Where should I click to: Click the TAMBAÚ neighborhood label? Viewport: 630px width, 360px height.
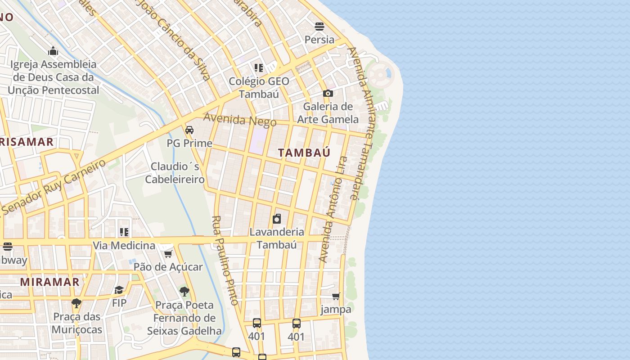pos(304,153)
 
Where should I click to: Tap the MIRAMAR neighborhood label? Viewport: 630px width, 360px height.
pos(50,282)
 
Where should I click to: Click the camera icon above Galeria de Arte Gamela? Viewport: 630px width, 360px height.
pos(328,93)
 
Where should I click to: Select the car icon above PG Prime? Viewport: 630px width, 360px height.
pos(189,130)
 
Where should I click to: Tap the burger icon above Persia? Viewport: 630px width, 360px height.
pos(319,27)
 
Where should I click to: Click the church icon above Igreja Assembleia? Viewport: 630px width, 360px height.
pos(53,51)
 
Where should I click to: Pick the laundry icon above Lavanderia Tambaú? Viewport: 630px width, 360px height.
pos(277,219)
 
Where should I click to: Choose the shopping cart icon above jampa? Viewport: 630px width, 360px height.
pos(336,296)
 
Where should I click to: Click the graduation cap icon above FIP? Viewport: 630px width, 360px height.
pos(119,290)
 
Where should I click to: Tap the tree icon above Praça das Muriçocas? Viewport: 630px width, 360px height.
pos(76,303)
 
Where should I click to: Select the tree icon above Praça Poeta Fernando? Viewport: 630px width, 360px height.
pos(184,292)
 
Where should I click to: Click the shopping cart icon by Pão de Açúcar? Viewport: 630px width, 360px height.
pos(168,254)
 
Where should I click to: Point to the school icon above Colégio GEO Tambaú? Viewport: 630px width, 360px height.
pos(259,68)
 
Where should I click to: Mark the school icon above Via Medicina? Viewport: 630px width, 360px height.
pos(124,232)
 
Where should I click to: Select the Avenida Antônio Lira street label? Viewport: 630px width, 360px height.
pos(333,209)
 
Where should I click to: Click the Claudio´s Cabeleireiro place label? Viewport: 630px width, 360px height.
pos(175,173)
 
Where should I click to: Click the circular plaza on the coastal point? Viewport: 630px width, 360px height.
pos(380,73)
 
